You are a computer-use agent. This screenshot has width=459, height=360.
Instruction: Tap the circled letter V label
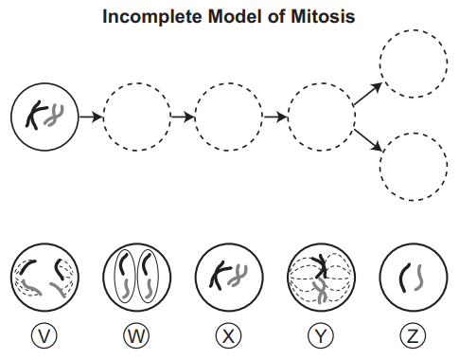click(x=44, y=335)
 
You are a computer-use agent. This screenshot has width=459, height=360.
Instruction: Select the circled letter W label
click(x=136, y=335)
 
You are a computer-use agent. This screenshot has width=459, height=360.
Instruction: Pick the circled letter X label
click(x=229, y=335)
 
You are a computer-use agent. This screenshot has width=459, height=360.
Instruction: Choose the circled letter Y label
click(x=321, y=335)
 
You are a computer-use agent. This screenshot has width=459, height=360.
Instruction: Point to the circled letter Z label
click(x=413, y=335)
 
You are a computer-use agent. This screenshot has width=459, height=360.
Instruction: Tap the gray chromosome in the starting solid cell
click(x=54, y=116)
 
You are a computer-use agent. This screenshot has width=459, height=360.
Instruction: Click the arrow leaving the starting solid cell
click(x=91, y=117)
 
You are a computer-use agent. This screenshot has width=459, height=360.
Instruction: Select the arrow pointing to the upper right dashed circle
click(x=367, y=94)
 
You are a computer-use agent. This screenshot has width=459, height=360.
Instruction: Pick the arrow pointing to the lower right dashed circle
click(x=368, y=139)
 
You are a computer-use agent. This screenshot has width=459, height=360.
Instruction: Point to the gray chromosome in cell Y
click(x=321, y=291)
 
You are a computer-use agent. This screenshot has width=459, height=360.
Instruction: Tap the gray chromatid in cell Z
click(x=419, y=278)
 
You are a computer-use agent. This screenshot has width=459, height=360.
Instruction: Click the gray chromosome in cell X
click(x=238, y=276)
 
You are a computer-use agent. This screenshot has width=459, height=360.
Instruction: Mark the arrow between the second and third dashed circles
click(x=183, y=117)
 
